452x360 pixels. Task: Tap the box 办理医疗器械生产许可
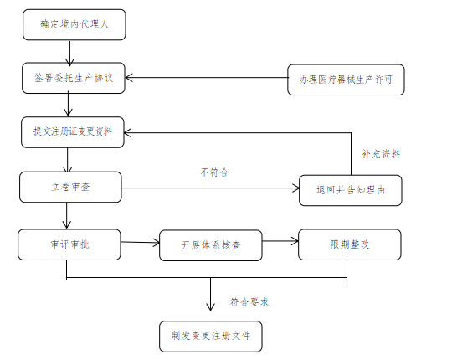[x=345, y=80]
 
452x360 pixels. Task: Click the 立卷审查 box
[x=70, y=187]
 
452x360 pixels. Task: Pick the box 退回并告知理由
[x=350, y=190]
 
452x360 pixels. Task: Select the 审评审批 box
[x=69, y=244]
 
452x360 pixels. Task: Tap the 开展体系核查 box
[x=210, y=245]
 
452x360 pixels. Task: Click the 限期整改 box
[x=350, y=244]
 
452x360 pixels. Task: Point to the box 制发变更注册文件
[x=210, y=335]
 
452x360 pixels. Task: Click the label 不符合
[x=214, y=172]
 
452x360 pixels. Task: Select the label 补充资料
[x=380, y=154]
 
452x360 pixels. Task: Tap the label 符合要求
[x=249, y=300]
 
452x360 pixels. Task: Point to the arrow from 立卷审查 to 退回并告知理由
[x=210, y=188]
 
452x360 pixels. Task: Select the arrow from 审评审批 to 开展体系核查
[x=139, y=244]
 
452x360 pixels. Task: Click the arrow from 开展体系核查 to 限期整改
[x=280, y=243]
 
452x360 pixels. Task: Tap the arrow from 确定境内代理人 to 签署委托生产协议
[x=70, y=51]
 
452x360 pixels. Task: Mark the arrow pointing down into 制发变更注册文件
[x=209, y=298]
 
